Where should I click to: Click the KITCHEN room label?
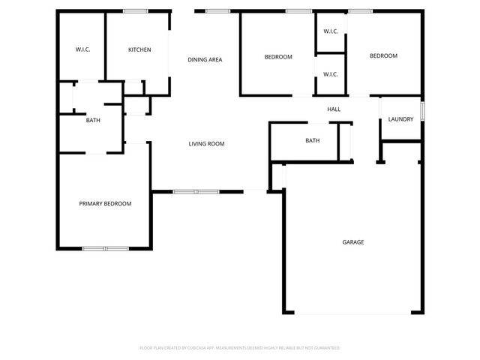(139, 50)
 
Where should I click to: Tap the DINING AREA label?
(205, 59)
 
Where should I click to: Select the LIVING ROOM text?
(206, 144)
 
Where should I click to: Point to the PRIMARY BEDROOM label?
(106, 203)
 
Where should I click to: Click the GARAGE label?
(353, 242)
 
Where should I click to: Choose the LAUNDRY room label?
(400, 119)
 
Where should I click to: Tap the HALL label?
(334, 109)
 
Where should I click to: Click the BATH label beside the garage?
(313, 140)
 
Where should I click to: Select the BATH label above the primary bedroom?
(93, 120)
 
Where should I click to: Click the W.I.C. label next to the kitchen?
(82, 50)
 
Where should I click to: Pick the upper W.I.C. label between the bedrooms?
(331, 31)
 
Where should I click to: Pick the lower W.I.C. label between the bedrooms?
(331, 74)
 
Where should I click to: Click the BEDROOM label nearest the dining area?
(278, 57)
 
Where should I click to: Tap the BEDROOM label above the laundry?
(383, 56)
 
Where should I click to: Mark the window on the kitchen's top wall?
(135, 10)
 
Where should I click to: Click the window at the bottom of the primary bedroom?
(106, 248)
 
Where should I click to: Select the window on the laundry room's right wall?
(422, 111)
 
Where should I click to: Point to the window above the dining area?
(218, 10)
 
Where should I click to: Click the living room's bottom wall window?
(196, 192)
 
